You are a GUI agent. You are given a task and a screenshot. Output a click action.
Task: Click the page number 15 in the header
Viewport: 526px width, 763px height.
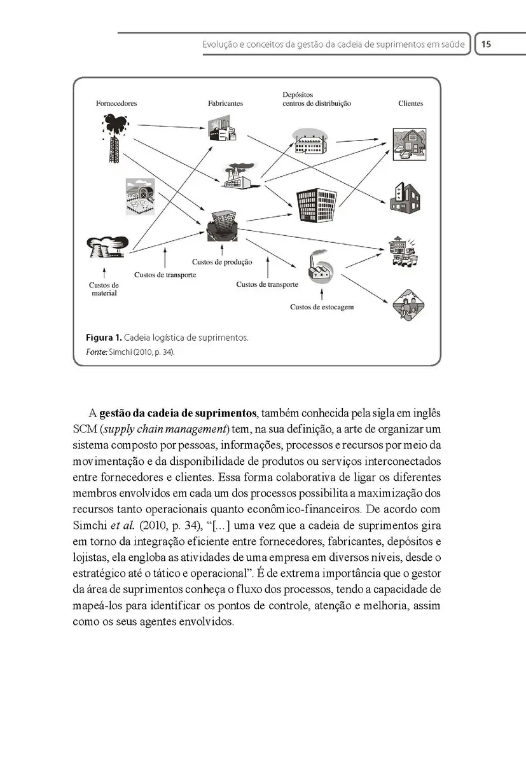click(x=487, y=45)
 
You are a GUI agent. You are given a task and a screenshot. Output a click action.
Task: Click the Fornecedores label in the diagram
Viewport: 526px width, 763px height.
click(x=116, y=103)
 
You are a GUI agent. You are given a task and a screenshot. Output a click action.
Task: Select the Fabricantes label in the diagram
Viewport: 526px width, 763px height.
click(x=225, y=103)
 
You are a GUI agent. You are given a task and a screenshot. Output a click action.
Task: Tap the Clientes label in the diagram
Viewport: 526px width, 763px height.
click(x=410, y=103)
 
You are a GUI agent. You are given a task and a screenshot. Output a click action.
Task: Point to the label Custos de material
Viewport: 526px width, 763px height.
click(x=104, y=289)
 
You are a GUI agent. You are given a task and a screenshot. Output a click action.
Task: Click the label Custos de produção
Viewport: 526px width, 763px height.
click(x=222, y=262)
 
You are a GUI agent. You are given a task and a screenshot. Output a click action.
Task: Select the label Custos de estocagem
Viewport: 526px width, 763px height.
click(x=322, y=307)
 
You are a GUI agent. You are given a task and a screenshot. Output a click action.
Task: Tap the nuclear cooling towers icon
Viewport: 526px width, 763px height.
click(x=104, y=247)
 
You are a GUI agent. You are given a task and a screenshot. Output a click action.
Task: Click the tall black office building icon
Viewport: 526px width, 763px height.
click(x=317, y=205)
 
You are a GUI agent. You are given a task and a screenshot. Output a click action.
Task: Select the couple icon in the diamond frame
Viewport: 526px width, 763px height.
click(x=406, y=306)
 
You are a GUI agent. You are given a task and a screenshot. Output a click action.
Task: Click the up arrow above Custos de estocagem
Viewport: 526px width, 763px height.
click(x=322, y=294)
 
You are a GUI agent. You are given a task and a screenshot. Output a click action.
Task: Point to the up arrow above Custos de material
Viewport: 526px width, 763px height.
click(x=104, y=273)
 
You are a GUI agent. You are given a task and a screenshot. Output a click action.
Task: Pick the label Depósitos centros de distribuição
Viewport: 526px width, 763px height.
click(x=316, y=99)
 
